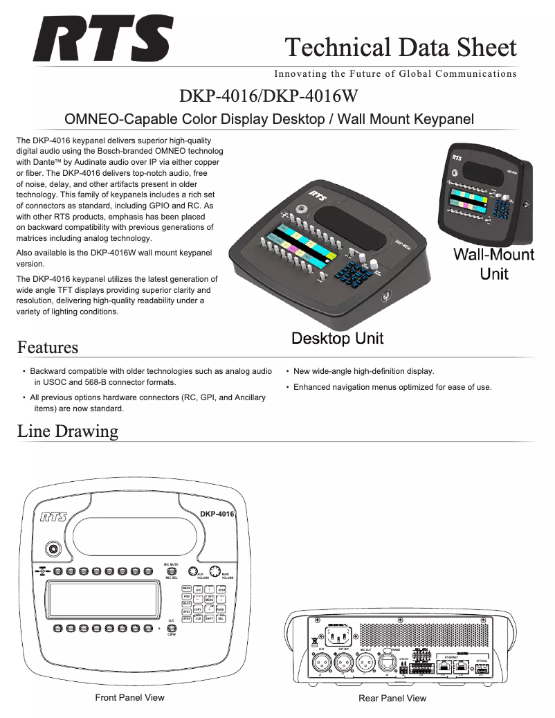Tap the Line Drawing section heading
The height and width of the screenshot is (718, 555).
(67, 431)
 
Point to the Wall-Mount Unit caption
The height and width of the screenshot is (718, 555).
(493, 264)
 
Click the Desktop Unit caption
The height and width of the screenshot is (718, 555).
(337, 339)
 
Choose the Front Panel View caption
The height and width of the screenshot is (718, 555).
(129, 697)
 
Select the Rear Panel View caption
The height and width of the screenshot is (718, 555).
(392, 698)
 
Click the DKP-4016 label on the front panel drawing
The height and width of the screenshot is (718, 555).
(217, 514)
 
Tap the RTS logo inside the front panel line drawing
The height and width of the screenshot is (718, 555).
(53, 517)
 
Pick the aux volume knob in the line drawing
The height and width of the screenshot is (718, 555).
(194, 571)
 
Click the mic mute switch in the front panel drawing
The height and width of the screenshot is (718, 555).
(171, 571)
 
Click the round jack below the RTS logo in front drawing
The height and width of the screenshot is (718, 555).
(52, 549)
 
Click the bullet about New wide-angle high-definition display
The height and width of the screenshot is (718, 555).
(363, 371)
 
